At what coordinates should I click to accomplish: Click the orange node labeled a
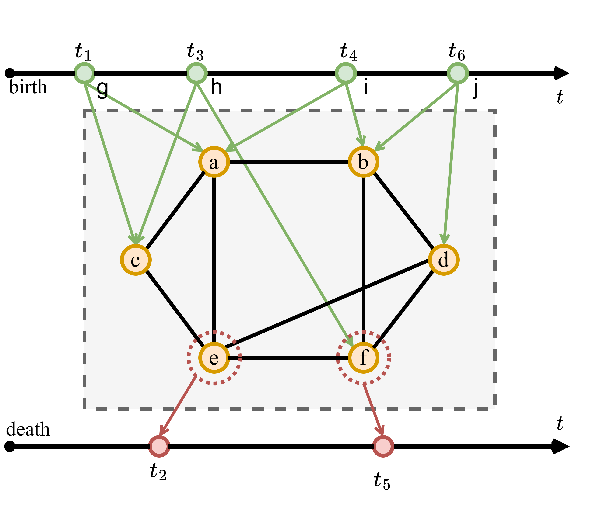(x=214, y=162)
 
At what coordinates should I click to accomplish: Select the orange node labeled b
(x=363, y=162)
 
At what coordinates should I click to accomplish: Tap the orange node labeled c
(x=136, y=260)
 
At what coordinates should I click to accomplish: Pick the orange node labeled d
(x=443, y=260)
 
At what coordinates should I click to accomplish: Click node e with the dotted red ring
(x=214, y=358)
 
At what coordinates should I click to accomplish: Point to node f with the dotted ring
(x=363, y=358)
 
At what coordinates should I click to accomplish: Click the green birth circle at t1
(x=84, y=73)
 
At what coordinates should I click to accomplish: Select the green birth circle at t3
(x=196, y=73)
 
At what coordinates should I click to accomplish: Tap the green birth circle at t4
(x=345, y=73)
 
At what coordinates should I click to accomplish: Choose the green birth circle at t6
(x=457, y=73)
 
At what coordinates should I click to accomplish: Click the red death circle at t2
(x=159, y=446)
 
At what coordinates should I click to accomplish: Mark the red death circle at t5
(x=383, y=446)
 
